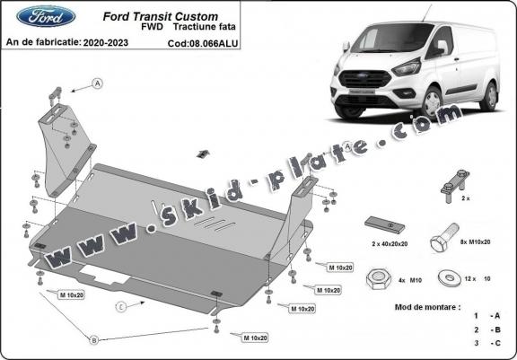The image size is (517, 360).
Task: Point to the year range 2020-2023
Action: tap(109, 41)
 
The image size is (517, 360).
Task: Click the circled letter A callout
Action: tap(96, 85)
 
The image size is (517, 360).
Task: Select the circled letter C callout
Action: tap(119, 306)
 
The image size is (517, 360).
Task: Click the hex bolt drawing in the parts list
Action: tap(444, 243)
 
